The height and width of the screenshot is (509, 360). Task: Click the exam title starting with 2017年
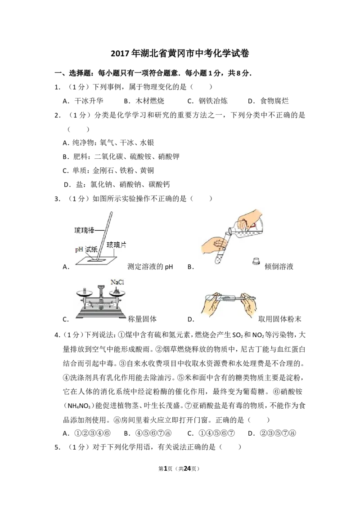(180, 53)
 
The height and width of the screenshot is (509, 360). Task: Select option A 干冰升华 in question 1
(83, 101)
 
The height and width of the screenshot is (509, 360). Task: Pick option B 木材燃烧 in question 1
(144, 101)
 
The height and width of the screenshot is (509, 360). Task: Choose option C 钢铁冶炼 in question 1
(207, 101)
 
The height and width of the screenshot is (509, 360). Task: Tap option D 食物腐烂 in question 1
(268, 101)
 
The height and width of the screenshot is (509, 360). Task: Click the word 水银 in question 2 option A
(147, 143)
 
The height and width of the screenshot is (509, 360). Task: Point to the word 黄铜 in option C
(147, 170)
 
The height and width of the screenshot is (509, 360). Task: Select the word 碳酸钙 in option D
(159, 184)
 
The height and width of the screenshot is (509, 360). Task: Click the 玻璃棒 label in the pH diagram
(84, 231)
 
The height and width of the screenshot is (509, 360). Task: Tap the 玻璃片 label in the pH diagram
(116, 245)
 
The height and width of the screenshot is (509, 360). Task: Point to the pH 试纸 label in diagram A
(86, 250)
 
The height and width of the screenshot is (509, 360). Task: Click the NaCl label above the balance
(117, 282)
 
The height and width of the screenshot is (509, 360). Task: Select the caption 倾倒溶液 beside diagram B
(279, 267)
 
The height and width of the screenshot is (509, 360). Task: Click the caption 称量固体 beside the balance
(142, 319)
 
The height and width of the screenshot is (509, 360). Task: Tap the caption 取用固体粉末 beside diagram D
(280, 319)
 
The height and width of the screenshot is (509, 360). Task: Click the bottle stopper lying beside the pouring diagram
(256, 261)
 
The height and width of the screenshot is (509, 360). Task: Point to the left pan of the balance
(85, 294)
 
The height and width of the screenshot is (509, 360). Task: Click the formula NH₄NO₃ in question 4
(79, 406)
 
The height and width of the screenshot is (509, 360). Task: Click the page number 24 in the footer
(187, 469)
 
